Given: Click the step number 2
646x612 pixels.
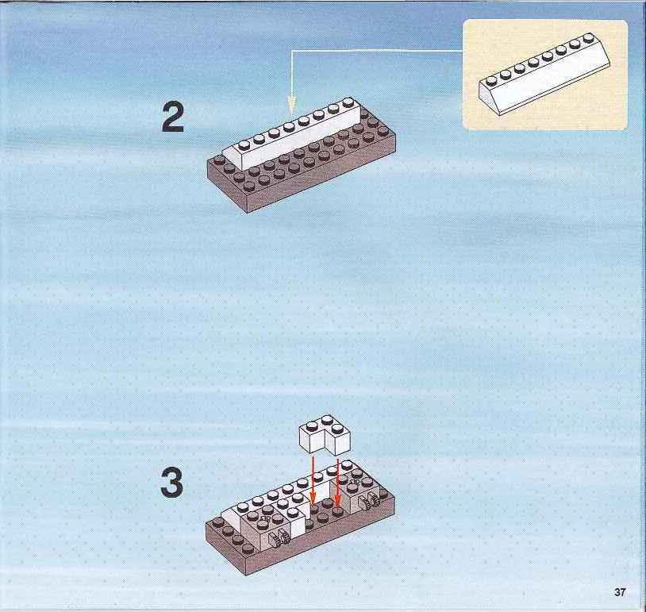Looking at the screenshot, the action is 173,117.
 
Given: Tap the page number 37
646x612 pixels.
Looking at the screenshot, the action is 620,592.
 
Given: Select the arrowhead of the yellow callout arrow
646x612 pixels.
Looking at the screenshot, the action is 292,105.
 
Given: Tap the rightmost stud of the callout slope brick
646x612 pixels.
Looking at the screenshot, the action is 588,37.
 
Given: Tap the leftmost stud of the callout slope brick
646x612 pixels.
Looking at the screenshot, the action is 490,80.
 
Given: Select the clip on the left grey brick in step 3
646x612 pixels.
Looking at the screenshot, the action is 278,537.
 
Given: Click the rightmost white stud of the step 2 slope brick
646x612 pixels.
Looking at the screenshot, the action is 348,102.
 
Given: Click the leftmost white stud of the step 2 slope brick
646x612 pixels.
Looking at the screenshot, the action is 244,144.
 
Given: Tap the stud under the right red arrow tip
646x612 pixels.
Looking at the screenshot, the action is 338,511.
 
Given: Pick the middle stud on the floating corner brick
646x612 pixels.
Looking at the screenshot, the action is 328,420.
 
